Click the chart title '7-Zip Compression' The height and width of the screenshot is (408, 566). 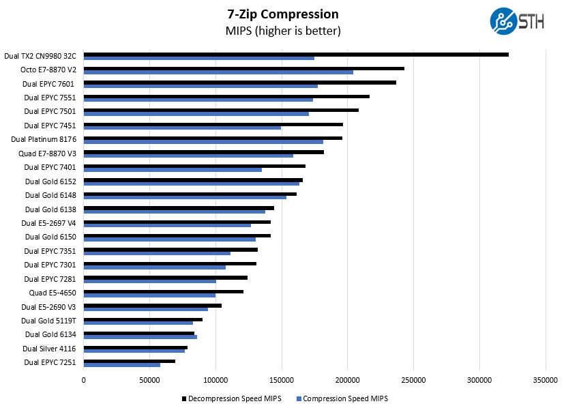282,14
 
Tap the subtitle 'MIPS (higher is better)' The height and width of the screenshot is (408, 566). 282,31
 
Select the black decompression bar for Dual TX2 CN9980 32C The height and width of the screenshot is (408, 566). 296,55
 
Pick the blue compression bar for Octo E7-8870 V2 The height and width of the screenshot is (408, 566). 218,72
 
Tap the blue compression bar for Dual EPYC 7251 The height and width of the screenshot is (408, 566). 122,364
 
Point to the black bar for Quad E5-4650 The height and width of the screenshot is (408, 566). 164,291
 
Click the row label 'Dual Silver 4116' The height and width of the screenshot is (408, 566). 48,349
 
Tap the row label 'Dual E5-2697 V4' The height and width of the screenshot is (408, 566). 48,223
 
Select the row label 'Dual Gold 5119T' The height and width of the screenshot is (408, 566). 48,321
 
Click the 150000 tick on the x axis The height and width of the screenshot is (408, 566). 282,380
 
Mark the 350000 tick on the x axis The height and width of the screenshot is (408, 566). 545,380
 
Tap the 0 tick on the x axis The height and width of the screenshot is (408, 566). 84,380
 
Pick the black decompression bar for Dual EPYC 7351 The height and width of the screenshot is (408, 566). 170,250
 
